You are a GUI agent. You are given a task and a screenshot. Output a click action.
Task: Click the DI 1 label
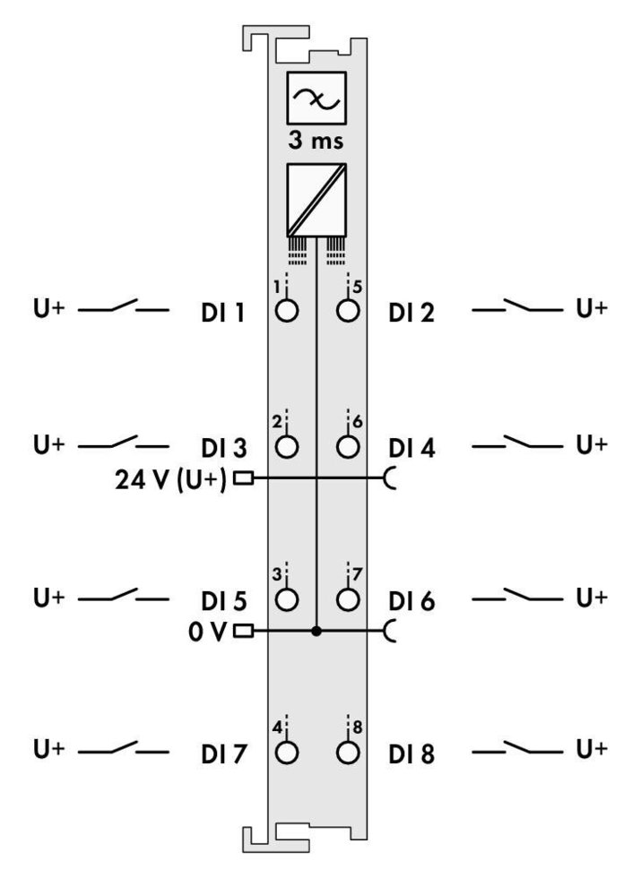223,313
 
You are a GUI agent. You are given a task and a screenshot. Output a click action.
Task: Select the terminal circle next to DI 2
348,311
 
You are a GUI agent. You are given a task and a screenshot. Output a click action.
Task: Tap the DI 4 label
411,449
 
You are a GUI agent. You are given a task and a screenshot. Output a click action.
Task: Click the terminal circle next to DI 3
287,447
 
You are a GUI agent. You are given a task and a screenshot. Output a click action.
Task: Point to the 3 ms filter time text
316,140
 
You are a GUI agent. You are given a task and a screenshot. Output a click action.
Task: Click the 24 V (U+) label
171,480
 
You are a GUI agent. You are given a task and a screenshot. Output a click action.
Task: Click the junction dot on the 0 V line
316,632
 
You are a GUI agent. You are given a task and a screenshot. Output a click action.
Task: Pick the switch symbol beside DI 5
124,595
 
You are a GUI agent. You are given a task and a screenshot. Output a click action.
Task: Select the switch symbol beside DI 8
517,747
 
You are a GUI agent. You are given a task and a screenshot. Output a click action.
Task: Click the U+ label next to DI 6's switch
592,598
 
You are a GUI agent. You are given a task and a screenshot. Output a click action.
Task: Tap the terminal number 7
357,574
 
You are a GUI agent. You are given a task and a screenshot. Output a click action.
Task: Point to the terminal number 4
277,727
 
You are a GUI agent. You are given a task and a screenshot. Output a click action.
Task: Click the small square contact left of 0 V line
243,632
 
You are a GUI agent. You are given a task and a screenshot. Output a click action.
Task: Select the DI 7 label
223,753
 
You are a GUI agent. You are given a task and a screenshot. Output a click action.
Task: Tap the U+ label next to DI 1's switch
48,308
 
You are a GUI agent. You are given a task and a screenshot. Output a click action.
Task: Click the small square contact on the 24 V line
243,478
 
